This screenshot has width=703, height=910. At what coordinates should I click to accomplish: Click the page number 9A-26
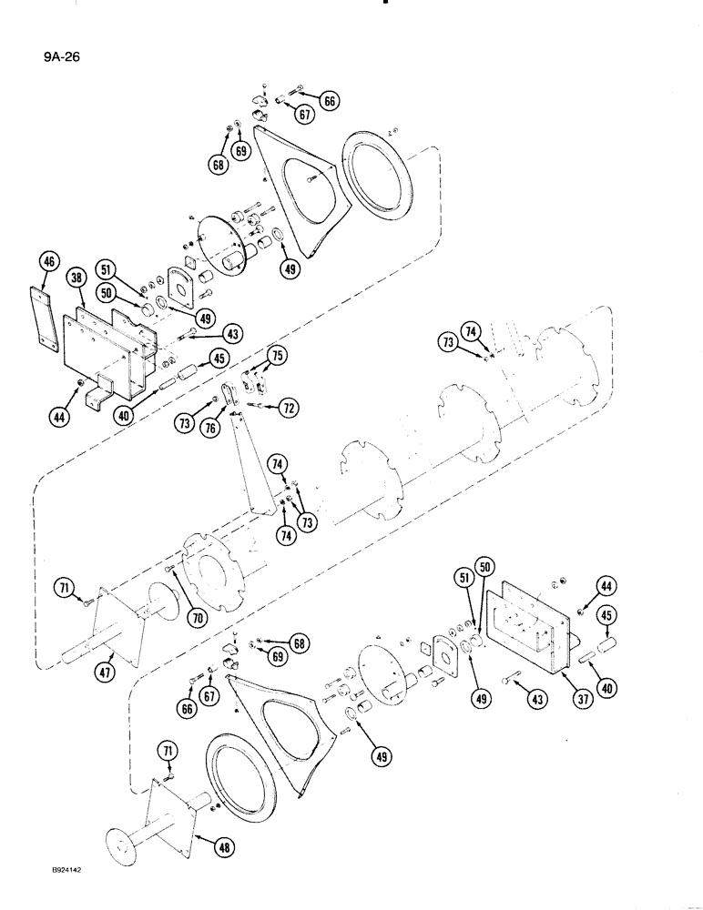(x=36, y=65)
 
